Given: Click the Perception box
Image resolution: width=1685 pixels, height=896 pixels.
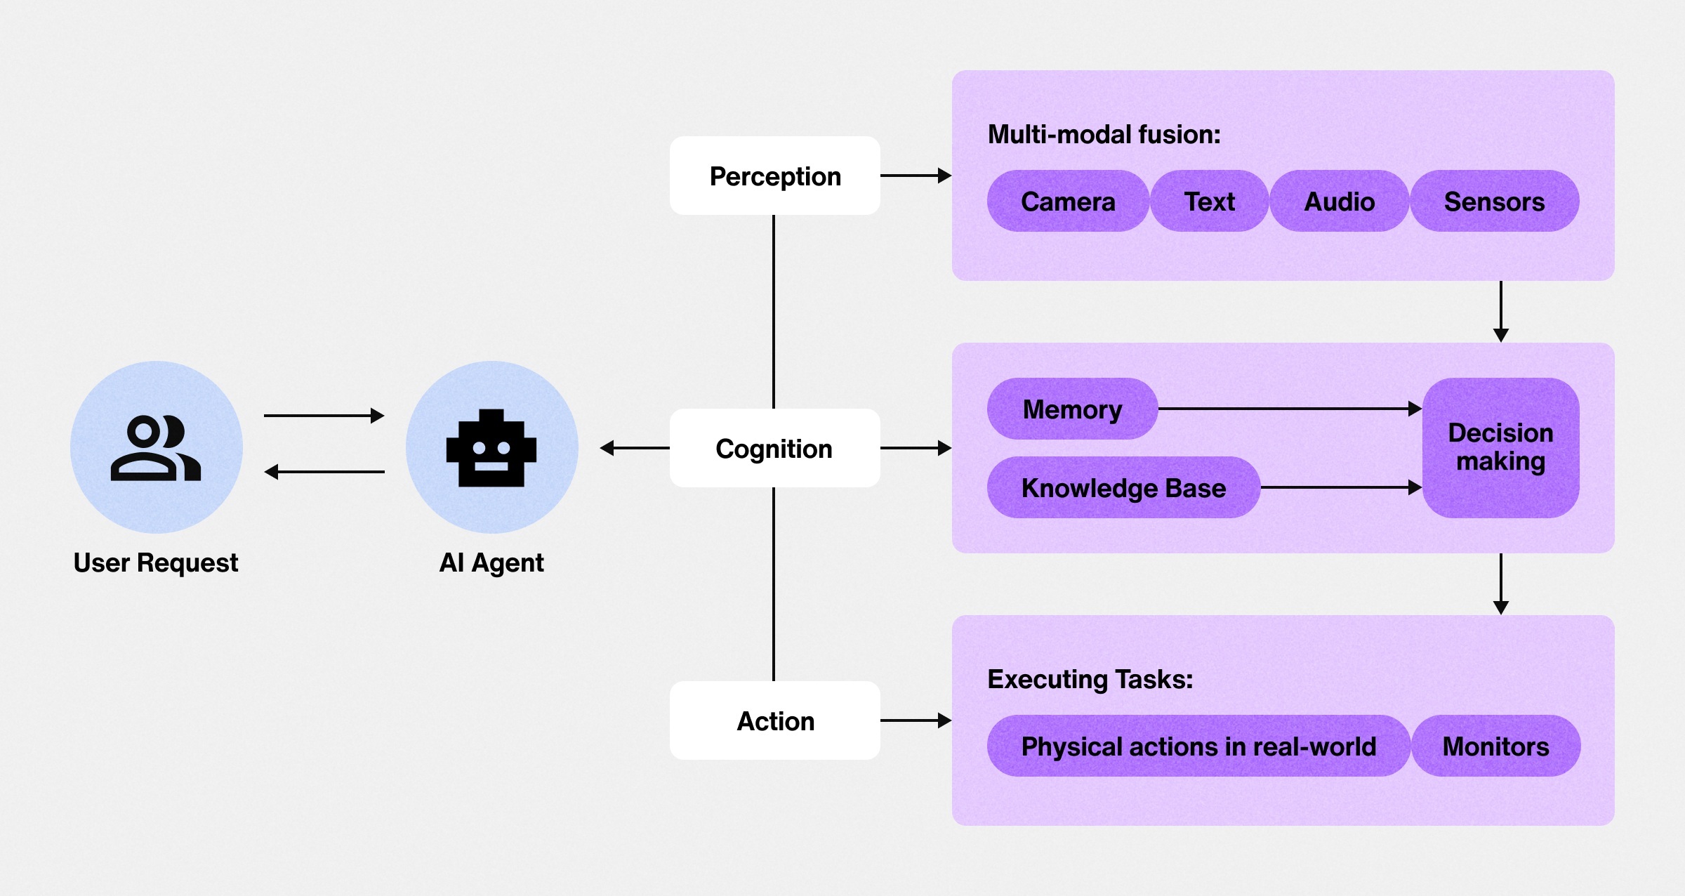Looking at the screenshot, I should point(774,176).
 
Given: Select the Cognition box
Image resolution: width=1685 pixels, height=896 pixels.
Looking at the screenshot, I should point(774,448).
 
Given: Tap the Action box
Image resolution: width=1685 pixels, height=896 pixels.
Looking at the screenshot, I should point(774,720).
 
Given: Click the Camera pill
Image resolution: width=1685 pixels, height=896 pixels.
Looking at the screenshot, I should point(1067,202).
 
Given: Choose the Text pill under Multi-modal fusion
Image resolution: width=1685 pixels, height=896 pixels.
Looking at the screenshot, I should point(1209,202).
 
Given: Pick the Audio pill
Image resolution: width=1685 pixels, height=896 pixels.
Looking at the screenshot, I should point(1339,202).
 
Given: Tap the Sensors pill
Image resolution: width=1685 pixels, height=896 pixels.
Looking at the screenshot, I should point(1494,202).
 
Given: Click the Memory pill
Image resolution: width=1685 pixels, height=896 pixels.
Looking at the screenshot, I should point(1072,409).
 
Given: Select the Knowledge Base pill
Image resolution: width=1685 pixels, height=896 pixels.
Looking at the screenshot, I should point(1123,487).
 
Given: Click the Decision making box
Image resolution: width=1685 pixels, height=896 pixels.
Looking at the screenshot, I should point(1500,447).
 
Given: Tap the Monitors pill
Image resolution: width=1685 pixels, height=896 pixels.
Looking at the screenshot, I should point(1495,746).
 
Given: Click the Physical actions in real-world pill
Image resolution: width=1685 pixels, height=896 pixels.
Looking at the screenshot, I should point(1198,746).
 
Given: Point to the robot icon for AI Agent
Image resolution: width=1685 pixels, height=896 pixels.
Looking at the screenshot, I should point(491,448).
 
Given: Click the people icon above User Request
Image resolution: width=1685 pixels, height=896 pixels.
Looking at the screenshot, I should point(156,448).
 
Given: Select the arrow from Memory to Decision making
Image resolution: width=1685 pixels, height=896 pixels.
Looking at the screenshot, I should point(1289,409).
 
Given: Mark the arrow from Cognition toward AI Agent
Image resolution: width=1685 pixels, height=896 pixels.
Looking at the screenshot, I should point(635,448).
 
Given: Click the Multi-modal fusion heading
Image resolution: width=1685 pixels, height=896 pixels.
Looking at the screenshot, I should point(1104,134).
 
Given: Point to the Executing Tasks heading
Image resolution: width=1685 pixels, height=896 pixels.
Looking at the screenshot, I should point(1090,679).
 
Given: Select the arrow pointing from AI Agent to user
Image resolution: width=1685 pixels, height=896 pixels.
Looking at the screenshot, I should point(324,472).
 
